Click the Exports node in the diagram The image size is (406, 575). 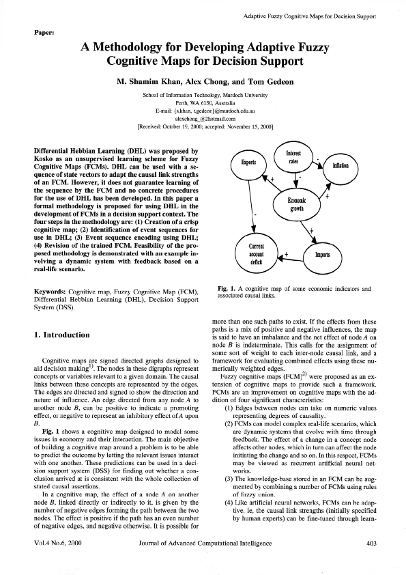click(x=248, y=163)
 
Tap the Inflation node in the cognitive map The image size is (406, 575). click(x=340, y=166)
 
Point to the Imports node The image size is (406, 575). click(x=321, y=253)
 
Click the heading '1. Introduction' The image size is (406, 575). click(x=61, y=335)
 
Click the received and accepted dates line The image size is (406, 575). click(x=205, y=126)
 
